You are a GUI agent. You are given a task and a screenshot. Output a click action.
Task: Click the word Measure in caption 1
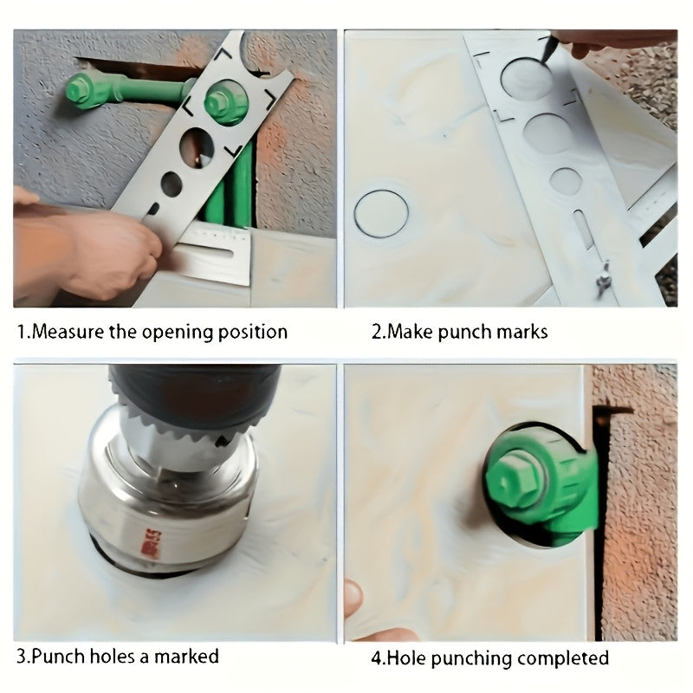[68, 332]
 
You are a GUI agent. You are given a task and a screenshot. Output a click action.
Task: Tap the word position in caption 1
[253, 333]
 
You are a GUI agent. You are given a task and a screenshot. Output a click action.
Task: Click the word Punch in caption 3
[58, 656]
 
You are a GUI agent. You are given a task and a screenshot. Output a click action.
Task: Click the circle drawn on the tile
[381, 214]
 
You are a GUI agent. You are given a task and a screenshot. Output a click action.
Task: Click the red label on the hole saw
[152, 544]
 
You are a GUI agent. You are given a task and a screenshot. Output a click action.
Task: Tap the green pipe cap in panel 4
[541, 483]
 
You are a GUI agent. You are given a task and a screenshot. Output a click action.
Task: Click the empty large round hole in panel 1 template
[197, 147]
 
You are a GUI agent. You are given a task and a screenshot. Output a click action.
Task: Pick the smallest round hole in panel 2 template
[566, 181]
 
